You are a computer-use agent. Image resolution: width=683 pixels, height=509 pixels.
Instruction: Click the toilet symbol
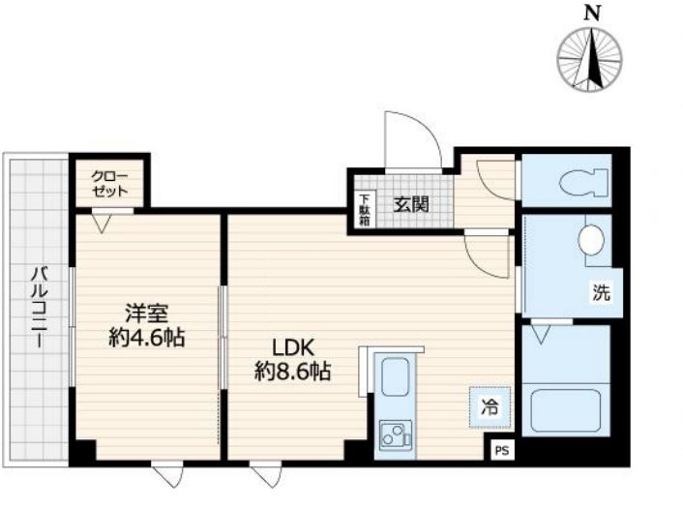tap(584, 183)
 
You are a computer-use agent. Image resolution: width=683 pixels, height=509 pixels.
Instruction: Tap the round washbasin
tap(591, 240)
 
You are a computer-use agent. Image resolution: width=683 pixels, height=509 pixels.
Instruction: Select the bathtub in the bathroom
tap(566, 409)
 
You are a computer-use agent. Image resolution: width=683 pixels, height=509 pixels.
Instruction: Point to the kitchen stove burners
tap(396, 434)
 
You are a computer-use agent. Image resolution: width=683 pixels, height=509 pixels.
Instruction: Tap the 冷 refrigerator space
tap(490, 407)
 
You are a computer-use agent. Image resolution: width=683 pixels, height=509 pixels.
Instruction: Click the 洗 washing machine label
tap(601, 292)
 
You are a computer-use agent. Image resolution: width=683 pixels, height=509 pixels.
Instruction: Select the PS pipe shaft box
tap(502, 451)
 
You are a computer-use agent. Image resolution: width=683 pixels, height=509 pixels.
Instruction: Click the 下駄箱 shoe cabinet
tap(365, 210)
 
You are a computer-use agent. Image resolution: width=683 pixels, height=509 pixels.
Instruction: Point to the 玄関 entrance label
tap(411, 204)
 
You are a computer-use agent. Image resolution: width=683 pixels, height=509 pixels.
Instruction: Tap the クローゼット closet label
tap(109, 184)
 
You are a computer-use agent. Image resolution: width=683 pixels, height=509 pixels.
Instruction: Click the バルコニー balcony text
tap(40, 308)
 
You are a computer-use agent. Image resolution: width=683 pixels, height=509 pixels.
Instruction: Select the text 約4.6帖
tap(147, 338)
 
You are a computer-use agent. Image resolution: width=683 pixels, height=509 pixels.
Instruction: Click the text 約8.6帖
tap(293, 372)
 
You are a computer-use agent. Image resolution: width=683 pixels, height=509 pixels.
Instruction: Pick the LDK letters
tap(293, 347)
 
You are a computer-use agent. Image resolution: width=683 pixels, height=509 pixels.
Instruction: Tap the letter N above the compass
tap(591, 14)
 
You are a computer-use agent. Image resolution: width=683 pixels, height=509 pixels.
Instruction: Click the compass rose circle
tap(590, 59)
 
